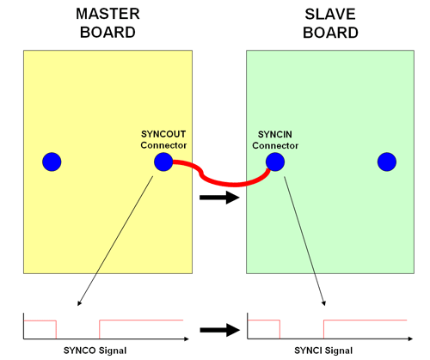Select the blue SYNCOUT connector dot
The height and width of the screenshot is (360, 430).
(163, 162)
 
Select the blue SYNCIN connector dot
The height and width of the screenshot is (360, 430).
(275, 162)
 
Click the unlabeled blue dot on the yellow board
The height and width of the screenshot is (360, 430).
(52, 162)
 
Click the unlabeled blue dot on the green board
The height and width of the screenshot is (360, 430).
(387, 162)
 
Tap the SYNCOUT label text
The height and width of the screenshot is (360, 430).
(163, 134)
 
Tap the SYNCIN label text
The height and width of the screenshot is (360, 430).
(275, 134)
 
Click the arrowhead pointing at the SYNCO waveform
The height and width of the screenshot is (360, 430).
(79, 302)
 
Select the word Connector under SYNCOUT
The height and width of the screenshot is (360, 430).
(163, 144)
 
